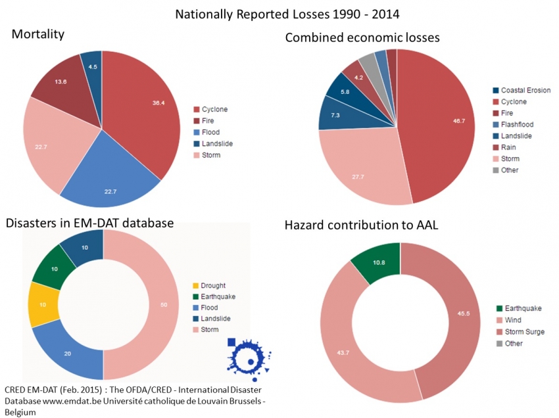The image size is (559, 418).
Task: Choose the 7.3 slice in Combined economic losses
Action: (x=335, y=115)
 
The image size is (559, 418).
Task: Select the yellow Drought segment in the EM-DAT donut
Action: (x=42, y=304)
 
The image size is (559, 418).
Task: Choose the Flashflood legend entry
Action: (x=517, y=124)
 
